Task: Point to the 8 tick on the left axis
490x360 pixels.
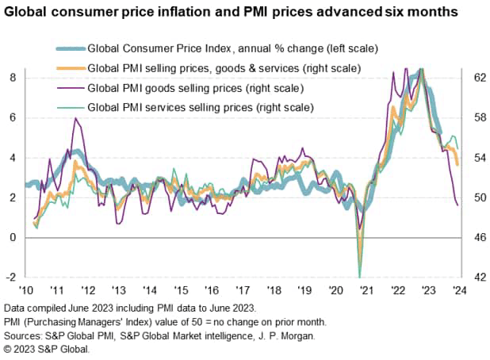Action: coord(12,78)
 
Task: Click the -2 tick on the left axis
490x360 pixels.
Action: coord(10,278)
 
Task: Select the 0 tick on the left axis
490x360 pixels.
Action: coord(12,238)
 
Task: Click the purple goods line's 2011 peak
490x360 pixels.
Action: coord(75,119)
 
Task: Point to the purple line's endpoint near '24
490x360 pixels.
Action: coord(458,205)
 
